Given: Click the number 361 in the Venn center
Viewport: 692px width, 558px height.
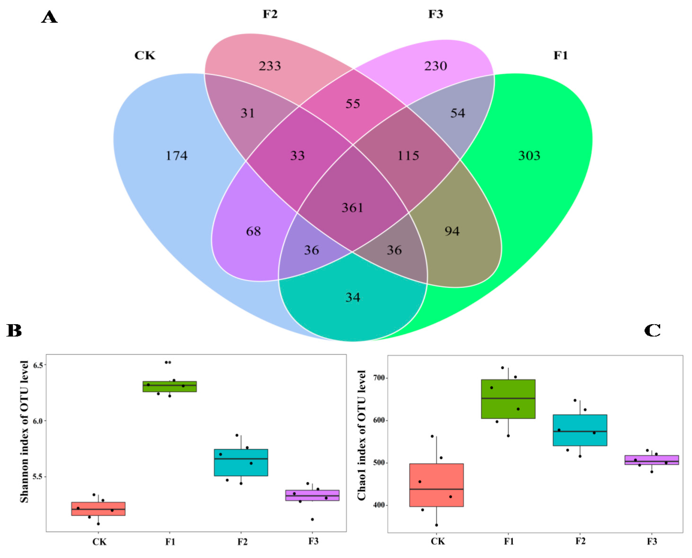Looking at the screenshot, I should coord(352,208).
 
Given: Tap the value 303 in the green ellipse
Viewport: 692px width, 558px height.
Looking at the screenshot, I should coord(529,156).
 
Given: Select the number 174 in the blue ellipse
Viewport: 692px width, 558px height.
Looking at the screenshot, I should coord(176,156).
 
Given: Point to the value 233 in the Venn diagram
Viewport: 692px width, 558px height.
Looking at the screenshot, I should coord(270,66).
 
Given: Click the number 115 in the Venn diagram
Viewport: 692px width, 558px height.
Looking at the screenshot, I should coord(408,156).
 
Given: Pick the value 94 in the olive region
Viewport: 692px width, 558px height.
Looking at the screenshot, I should coord(452,231).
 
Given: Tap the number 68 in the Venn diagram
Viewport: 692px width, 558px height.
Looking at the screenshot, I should coord(253,231).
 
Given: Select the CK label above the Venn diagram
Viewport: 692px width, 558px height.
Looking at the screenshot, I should coord(145,56).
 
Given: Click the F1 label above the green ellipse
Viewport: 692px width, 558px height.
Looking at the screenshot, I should coord(561,56).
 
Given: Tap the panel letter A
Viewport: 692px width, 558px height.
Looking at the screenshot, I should coord(49,17).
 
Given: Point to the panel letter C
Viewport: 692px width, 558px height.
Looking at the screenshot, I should coord(652,330).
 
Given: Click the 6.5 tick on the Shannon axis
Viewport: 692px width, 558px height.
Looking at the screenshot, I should coord(38,365).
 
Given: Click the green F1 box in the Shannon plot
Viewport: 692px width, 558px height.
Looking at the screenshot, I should coord(170,386).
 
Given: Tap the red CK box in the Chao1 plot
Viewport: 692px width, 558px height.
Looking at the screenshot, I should coord(436,485).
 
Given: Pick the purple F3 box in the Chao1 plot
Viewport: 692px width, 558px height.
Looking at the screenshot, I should coord(652,460).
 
